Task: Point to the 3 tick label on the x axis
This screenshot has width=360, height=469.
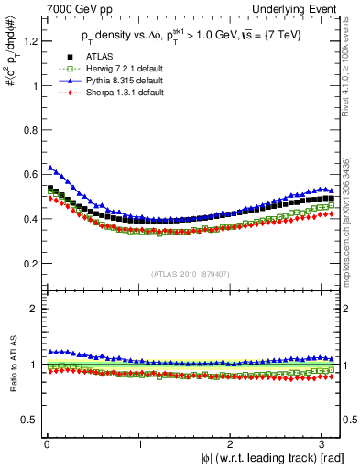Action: point(325,444)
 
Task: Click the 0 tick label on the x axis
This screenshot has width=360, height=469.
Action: point(47,444)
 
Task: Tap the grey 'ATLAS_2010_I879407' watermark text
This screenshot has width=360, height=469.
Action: point(191,271)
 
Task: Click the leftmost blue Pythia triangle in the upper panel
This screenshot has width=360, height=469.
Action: point(50,168)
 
